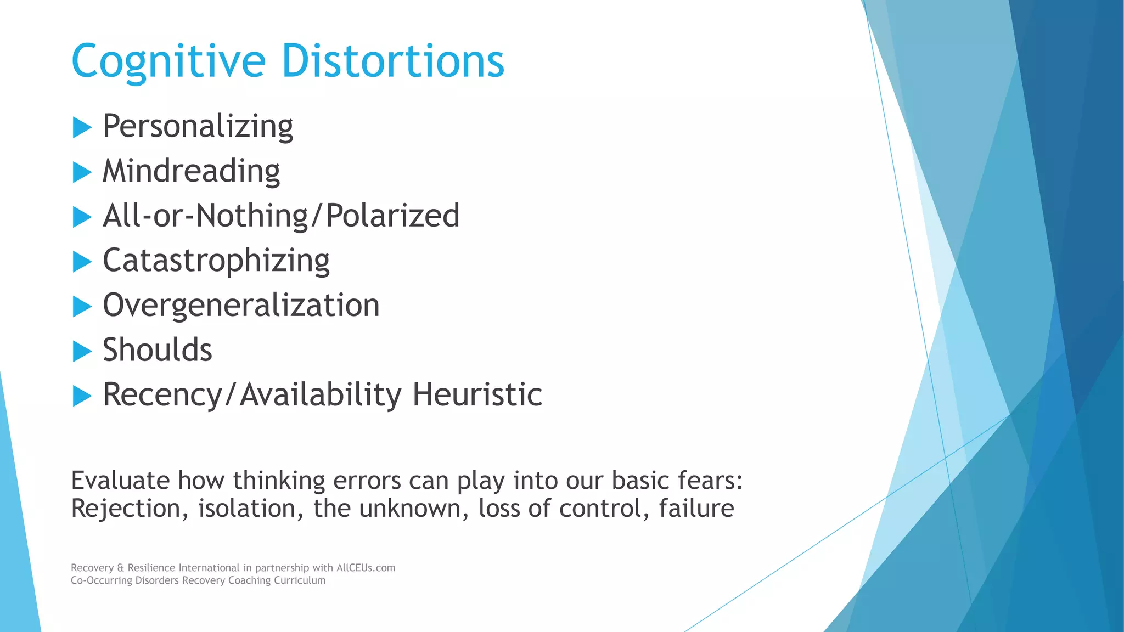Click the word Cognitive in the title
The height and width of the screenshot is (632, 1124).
pyautogui.click(x=168, y=61)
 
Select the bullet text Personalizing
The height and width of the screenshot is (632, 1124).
pyautogui.click(x=198, y=127)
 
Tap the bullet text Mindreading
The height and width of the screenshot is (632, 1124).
pyautogui.click(x=191, y=171)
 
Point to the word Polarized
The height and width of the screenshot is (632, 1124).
pyautogui.click(x=392, y=216)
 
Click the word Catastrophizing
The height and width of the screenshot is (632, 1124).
pyautogui.click(x=216, y=261)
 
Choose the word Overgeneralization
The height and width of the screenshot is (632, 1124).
pyautogui.click(x=241, y=305)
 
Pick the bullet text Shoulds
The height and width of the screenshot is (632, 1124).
pyautogui.click(x=157, y=350)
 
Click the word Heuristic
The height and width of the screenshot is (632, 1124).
pyautogui.click(x=477, y=394)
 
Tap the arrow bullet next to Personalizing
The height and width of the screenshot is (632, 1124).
pyautogui.click(x=82, y=128)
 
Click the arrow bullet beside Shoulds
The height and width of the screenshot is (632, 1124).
pyautogui.click(x=82, y=352)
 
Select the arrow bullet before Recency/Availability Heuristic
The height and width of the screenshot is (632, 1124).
pyautogui.click(x=82, y=396)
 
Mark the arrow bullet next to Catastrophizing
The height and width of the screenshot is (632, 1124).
pyautogui.click(x=82, y=262)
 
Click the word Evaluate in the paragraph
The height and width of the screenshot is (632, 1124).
pyautogui.click(x=120, y=481)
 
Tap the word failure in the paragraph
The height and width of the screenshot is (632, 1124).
pyautogui.click(x=696, y=508)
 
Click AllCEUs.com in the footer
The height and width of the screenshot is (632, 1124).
pyautogui.click(x=366, y=568)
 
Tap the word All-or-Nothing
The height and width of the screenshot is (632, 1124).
pyautogui.click(x=206, y=216)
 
